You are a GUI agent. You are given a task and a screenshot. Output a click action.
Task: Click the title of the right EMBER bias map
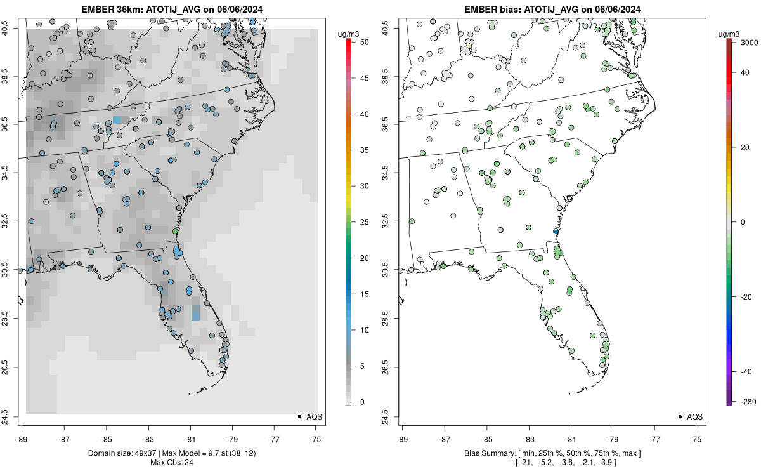coord(552,9)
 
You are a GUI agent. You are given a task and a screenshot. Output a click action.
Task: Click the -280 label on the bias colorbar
coord(744,402)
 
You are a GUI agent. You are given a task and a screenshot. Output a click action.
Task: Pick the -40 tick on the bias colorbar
coord(742,371)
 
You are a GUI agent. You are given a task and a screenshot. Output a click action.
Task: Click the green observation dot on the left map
coord(176,232)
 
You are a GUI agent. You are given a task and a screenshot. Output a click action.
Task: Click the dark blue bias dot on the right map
coord(556,232)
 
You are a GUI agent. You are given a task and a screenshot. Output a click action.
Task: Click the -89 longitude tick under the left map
coord(22,439)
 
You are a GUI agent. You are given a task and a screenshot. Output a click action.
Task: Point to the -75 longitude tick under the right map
coord(697,439)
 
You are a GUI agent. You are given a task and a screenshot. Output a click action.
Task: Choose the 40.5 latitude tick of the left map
coord(13,28)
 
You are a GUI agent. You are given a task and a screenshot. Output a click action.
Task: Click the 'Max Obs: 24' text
coord(171,462)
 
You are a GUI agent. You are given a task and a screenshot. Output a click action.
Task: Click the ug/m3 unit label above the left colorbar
coord(347,33)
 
